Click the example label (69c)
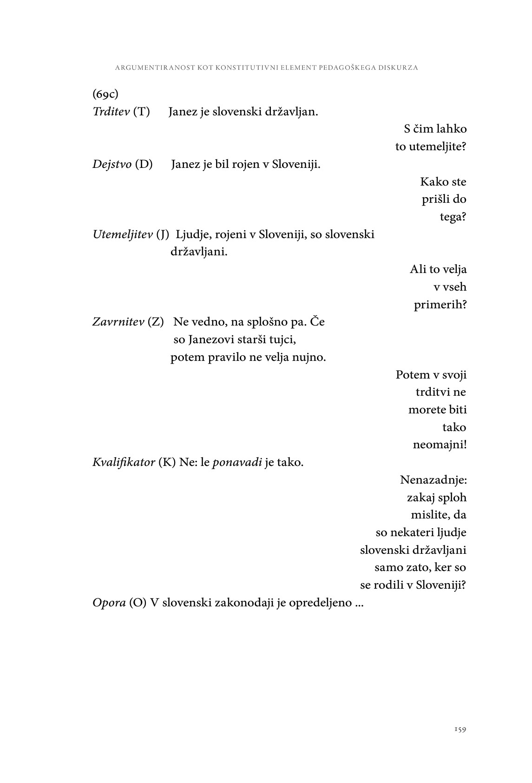[x=105, y=94]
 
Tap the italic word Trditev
[x=111, y=112]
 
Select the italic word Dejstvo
[x=112, y=165]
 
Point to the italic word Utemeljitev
[x=123, y=234]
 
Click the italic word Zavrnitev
[x=118, y=322]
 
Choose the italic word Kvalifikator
[x=124, y=463]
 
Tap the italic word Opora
[x=109, y=603]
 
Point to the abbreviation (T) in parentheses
[x=141, y=112]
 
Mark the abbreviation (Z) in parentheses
[x=155, y=322]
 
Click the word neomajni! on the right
[x=440, y=445]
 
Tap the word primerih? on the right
[x=440, y=305]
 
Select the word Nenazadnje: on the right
[x=433, y=479]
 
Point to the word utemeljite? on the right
[x=431, y=147]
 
